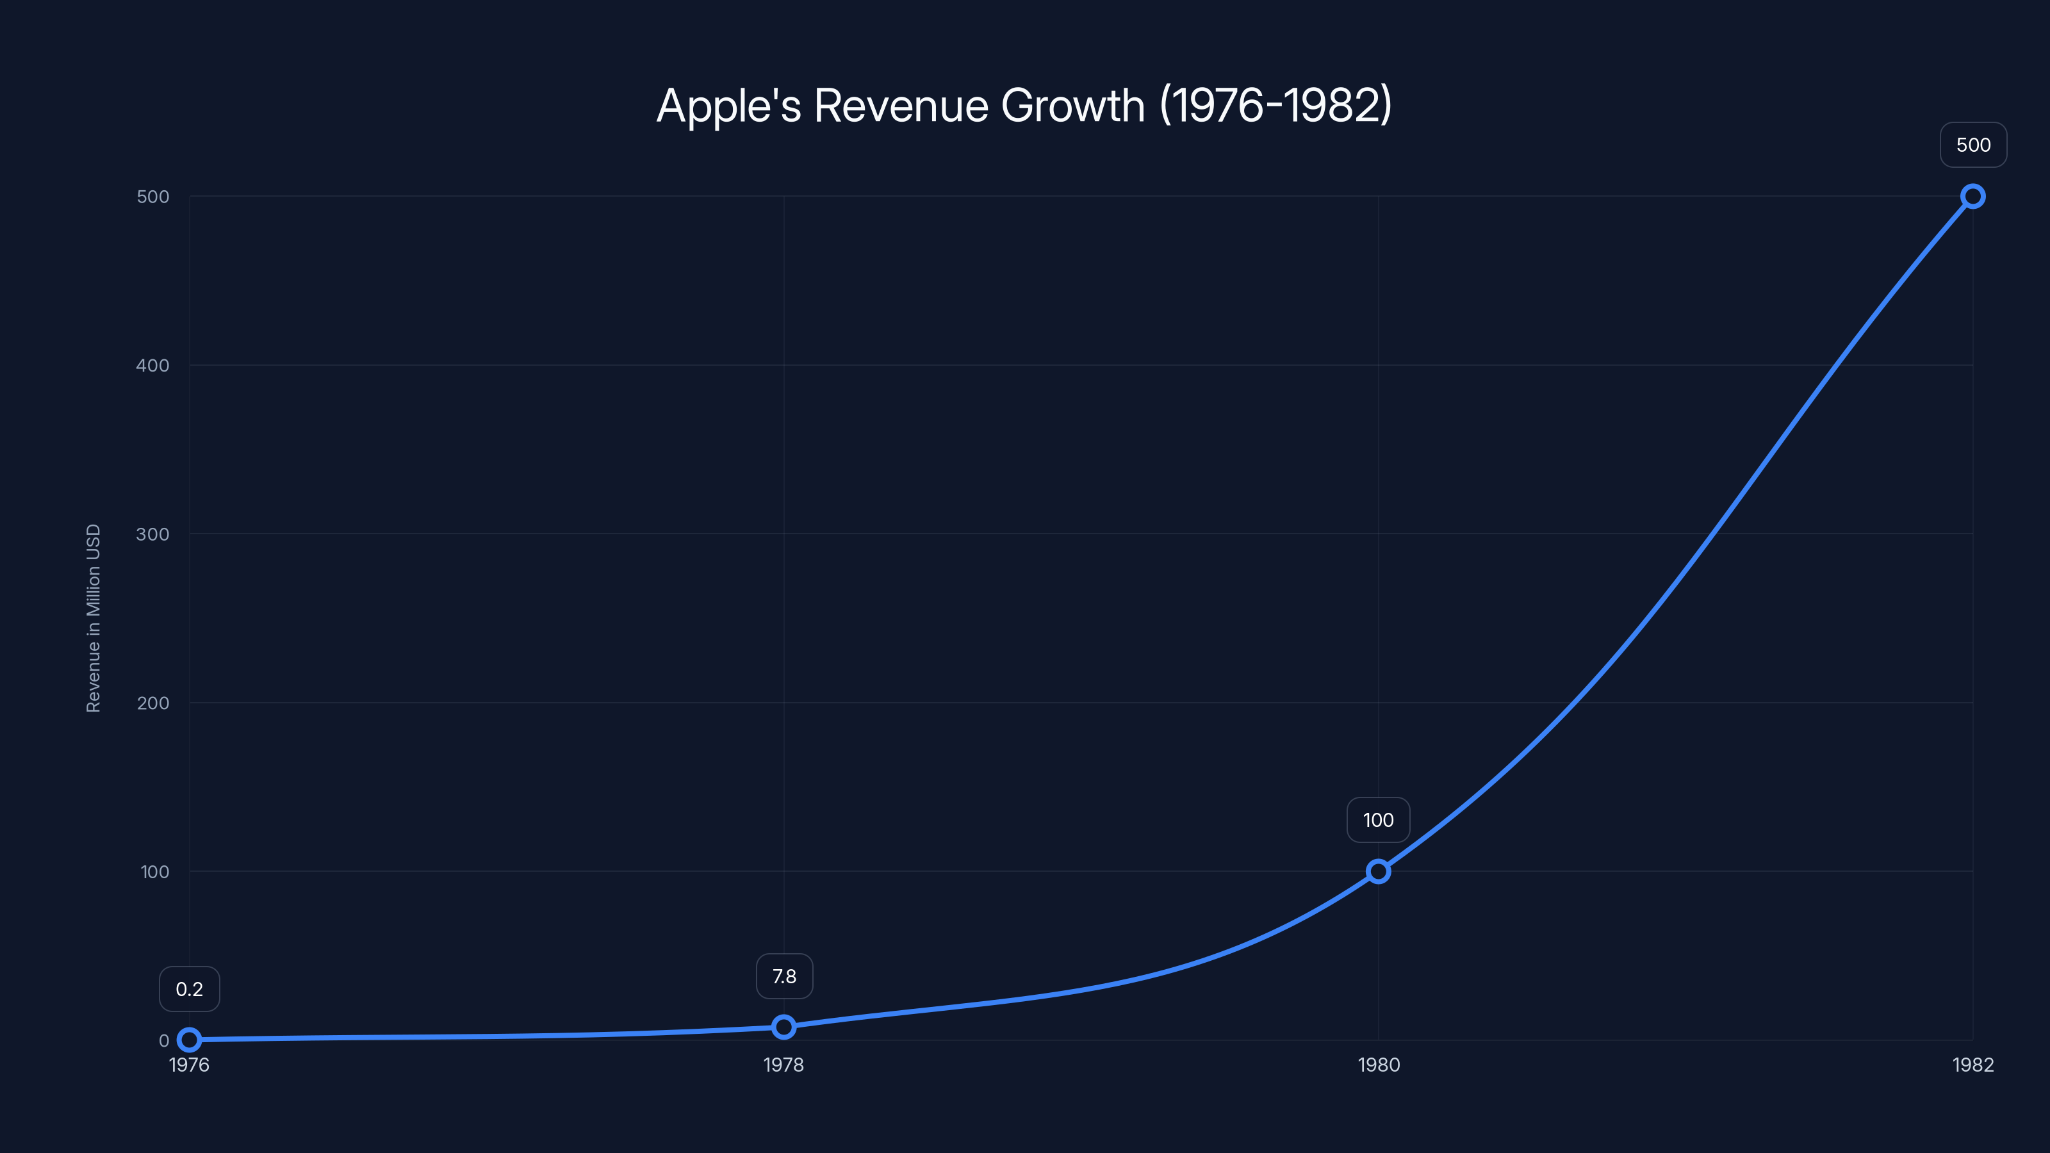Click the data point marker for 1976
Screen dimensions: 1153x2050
point(190,1039)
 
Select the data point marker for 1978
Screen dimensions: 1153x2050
point(784,1026)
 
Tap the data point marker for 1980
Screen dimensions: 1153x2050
point(1379,871)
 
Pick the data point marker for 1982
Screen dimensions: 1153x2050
point(1973,197)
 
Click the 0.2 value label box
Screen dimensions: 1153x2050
point(190,989)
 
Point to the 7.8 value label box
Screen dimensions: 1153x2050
point(784,976)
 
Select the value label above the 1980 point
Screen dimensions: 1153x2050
point(1379,821)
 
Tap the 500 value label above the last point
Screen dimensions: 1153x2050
point(1973,145)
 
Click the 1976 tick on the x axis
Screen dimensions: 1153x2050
point(190,1065)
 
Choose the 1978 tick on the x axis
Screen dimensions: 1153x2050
point(784,1065)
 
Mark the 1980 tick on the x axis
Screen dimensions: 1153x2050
point(1379,1065)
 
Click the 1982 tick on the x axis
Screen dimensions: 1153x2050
point(1973,1065)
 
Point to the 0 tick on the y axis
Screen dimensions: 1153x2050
point(164,1040)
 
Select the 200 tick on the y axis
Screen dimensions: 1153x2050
point(153,703)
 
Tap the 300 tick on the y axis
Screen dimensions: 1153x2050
point(153,534)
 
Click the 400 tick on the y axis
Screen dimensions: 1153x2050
point(153,365)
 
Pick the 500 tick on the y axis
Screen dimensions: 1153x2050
point(153,197)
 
